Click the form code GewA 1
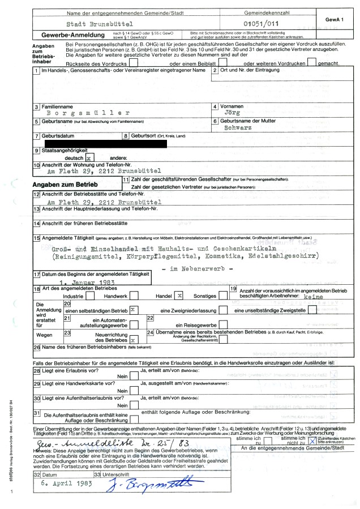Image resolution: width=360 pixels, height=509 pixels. coord(335,19)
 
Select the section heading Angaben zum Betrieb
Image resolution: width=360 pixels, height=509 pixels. coord(66,185)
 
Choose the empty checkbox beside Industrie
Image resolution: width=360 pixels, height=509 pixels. coord(91,296)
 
